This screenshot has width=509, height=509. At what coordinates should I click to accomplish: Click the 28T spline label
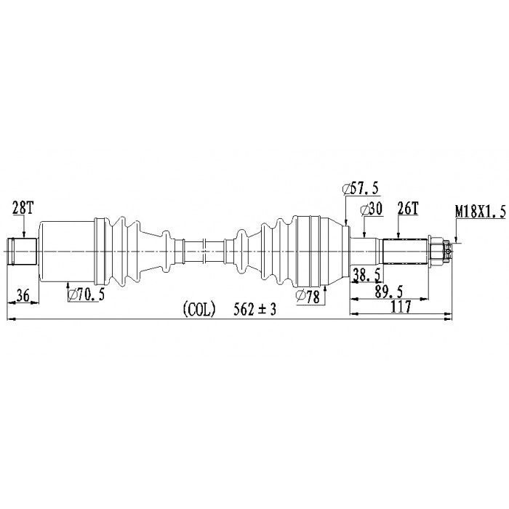click(x=23, y=208)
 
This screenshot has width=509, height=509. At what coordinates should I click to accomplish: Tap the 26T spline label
click(x=408, y=209)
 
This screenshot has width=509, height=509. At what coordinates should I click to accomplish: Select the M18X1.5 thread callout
click(x=481, y=212)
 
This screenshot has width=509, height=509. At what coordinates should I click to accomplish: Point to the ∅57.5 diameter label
click(x=361, y=188)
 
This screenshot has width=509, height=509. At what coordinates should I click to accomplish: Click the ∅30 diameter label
click(x=372, y=209)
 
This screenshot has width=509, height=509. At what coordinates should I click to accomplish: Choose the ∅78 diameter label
click(x=308, y=297)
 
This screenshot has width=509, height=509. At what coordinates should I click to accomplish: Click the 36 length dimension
click(x=23, y=295)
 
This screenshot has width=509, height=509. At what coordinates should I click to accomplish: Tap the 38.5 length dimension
click(x=366, y=276)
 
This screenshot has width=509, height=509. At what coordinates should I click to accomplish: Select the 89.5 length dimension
click(x=388, y=292)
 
